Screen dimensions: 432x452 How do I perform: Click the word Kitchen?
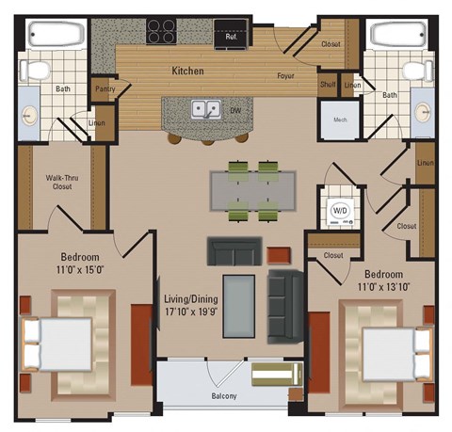(188, 71)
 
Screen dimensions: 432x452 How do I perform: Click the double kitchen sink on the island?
(206, 108)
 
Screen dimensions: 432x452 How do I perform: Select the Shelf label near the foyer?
(328, 85)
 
